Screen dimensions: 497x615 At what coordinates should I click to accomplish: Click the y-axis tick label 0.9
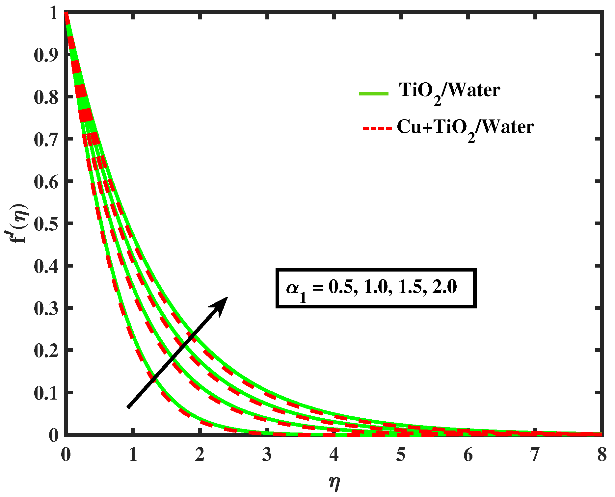(46, 55)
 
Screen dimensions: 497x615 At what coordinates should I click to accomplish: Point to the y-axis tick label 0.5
(46, 224)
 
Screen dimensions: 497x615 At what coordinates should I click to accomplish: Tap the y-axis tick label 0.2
(46, 351)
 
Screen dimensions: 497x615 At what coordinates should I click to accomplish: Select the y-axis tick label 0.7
(46, 139)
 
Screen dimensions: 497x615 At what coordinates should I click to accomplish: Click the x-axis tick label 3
(267, 455)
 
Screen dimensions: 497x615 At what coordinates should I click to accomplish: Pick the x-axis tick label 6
(468, 455)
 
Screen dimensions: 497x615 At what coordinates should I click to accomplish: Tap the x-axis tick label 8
(602, 455)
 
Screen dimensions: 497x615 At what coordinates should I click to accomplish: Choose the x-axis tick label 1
(133, 455)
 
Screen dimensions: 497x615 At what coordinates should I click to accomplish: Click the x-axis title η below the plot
(334, 483)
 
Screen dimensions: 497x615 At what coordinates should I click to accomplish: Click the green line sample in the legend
(374, 94)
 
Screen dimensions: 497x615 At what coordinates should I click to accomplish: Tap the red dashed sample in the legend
(377, 128)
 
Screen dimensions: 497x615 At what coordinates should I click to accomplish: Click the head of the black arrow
(224, 300)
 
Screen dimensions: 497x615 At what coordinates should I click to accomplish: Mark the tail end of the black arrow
(128, 407)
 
